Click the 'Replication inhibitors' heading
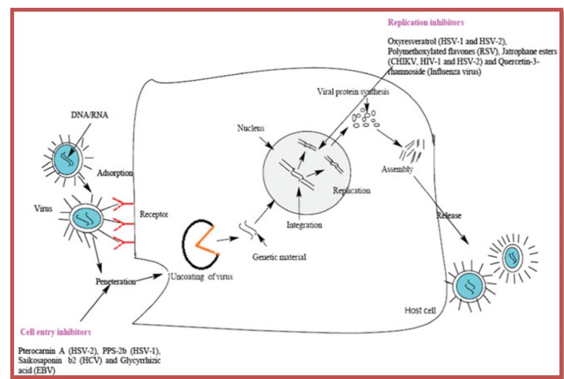click(426, 23)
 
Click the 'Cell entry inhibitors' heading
click(55, 332)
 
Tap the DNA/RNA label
click(90, 115)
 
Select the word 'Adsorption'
click(115, 173)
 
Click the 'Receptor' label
click(154, 215)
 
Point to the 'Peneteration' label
click(116, 282)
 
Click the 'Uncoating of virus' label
click(201, 277)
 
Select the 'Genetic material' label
click(279, 257)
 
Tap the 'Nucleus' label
click(251, 128)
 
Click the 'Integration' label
click(304, 225)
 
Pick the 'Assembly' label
click(397, 169)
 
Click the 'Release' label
click(449, 216)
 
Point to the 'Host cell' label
click(420, 310)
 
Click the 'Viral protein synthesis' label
click(353, 92)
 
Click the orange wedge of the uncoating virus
click(206, 239)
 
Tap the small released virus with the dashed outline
click(512, 257)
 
